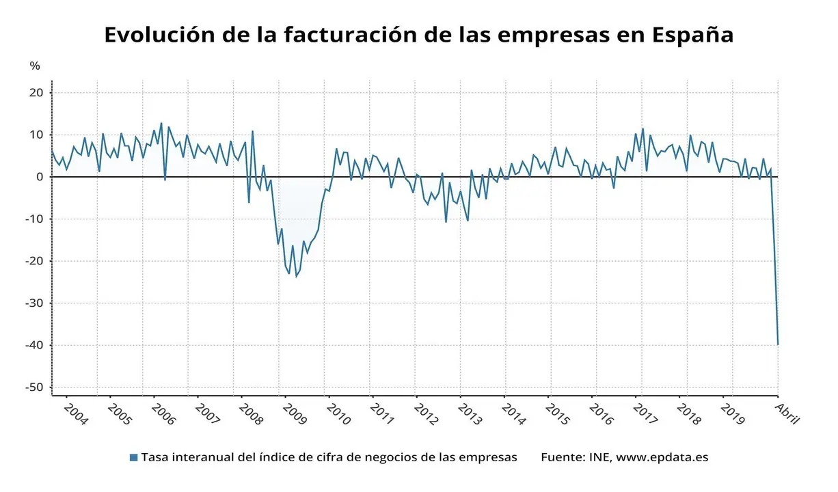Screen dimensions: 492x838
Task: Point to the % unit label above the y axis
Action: coord(35,66)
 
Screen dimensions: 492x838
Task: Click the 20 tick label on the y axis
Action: coord(37,93)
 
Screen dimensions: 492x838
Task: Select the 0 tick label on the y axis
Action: coord(40,177)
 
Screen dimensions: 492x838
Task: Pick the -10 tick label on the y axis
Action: coord(35,219)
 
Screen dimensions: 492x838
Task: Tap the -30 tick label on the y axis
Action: coord(35,303)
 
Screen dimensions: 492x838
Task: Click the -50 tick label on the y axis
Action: coord(35,387)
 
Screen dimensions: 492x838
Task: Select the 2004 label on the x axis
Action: coord(75,413)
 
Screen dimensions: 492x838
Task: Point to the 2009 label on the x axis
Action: coord(294,413)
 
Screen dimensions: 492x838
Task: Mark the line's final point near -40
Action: coord(778,344)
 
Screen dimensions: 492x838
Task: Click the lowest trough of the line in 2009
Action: coord(296,276)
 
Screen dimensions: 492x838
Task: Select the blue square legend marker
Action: coord(133,457)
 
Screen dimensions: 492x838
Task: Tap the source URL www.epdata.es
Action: coord(662,457)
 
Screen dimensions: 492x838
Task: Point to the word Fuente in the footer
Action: coord(561,457)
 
